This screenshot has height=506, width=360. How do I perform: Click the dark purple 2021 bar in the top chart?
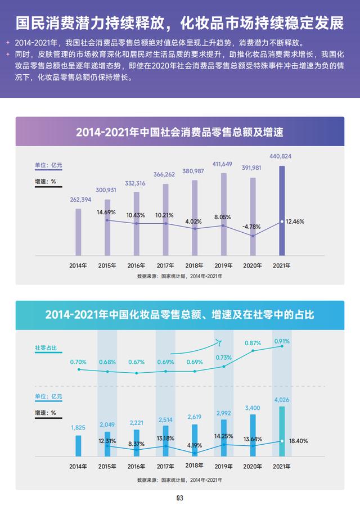282,211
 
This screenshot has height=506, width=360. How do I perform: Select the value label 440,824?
281,156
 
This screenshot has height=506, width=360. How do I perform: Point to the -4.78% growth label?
251,227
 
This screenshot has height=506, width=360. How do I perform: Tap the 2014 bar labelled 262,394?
78,232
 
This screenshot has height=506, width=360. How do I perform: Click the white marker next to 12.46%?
282,222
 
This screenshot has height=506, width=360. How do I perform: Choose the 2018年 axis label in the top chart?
195,265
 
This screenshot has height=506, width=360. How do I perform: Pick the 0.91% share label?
282,341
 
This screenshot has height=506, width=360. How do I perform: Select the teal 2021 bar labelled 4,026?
282,431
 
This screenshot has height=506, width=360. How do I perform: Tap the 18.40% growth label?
299,441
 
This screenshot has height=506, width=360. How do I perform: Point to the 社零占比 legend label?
46,348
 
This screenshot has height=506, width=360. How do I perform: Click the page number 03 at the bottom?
180,498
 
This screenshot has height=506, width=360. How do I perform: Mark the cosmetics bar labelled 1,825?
78,446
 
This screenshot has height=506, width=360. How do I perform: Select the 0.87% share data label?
253,343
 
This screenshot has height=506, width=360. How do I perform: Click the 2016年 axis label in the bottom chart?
136,467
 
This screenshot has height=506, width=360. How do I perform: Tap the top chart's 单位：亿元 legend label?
48,165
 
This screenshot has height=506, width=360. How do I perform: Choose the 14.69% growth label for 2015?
106,213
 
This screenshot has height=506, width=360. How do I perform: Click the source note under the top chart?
180,276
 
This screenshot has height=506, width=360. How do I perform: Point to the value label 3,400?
253,408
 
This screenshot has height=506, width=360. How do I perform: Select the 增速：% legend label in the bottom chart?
46,413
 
